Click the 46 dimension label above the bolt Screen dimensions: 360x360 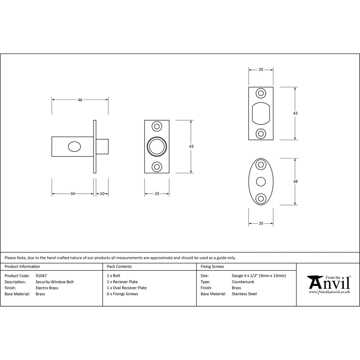point(80,100)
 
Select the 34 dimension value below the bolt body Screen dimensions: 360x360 point(72,194)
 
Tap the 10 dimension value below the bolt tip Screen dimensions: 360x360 point(102,194)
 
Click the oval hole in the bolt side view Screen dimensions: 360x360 point(75,147)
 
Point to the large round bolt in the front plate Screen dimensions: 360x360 point(157,147)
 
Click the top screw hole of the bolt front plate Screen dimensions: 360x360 point(157,127)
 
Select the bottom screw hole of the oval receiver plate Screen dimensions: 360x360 point(261,199)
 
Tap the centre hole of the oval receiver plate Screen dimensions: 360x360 point(261,182)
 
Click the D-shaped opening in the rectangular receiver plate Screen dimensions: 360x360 point(261,114)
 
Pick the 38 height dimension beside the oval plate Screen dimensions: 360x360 point(295,182)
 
